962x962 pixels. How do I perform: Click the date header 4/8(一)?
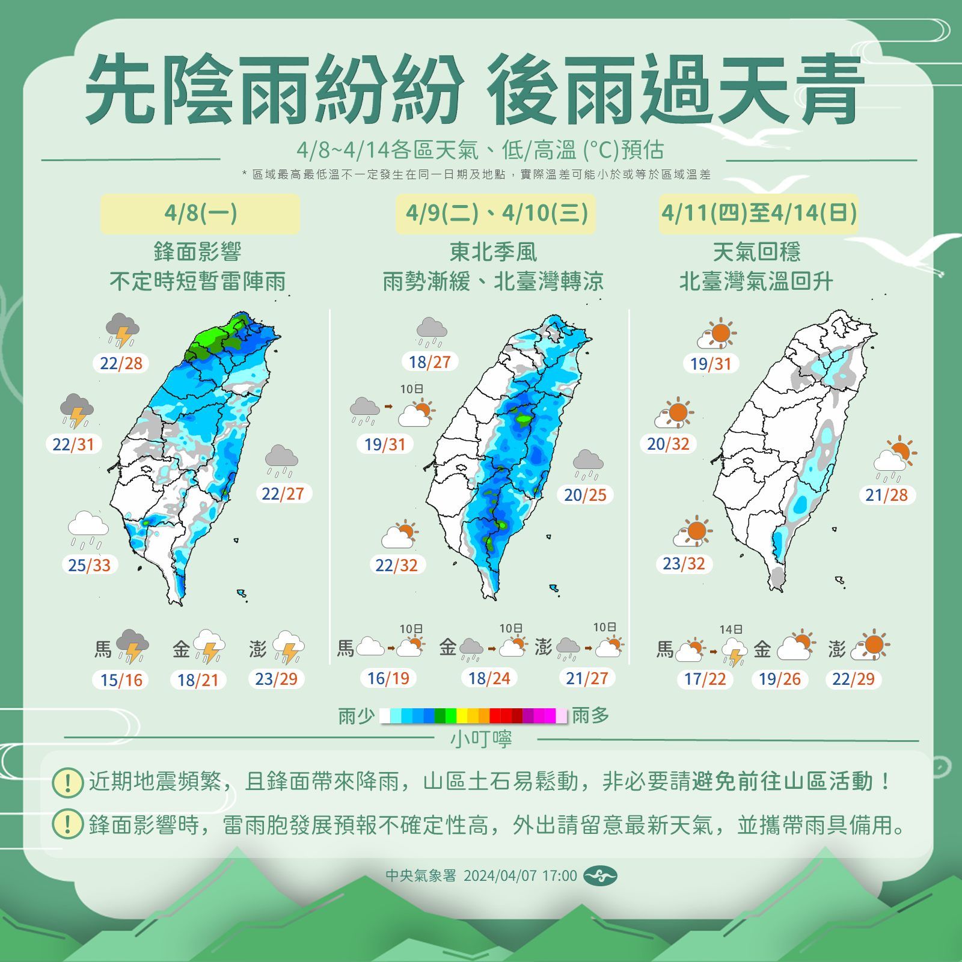pos(200,213)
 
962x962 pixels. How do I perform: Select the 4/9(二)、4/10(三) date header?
pos(496,213)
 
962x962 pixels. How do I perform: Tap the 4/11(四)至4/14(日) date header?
pos(759,213)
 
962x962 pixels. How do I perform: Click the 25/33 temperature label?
pos(90,565)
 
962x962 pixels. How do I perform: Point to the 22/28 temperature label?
pos(121,363)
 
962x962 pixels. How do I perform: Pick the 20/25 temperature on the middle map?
pos(585,495)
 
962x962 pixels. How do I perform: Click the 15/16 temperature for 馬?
pos(121,680)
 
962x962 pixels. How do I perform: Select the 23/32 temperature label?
pos(684,564)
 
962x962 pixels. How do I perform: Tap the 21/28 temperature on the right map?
pos(886,495)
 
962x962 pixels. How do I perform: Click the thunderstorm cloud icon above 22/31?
pos(77,410)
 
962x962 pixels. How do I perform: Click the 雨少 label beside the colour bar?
pos(356,716)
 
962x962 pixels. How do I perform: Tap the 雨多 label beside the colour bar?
pos(590,715)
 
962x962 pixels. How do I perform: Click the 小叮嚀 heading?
pos(481,739)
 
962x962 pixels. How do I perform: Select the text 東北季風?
pos(493,252)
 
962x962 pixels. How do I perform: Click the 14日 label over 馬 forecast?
pos(731,630)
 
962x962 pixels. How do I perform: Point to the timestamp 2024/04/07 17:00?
pos(520,875)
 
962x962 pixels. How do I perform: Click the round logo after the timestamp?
pos(600,876)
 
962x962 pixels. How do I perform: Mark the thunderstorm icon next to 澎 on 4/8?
pos(288,647)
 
